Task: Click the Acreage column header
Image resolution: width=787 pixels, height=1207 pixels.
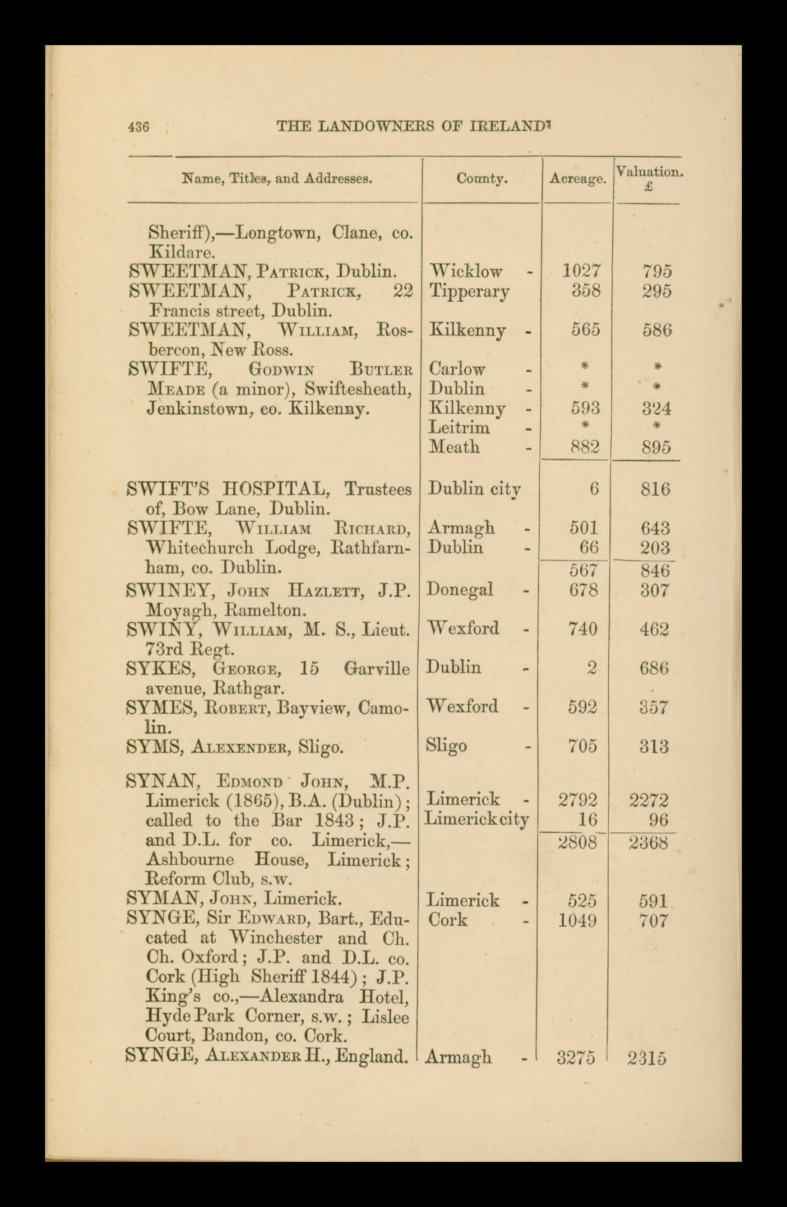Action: pos(578,179)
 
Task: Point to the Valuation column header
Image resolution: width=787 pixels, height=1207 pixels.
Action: pos(649,172)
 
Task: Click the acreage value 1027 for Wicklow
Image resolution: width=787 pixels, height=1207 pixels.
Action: pos(581,271)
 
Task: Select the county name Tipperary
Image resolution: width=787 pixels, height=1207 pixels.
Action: pos(469,292)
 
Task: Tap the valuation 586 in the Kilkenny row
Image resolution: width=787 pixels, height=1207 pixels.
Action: pos(657,330)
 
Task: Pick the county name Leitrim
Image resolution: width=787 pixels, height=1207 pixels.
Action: pos(459,428)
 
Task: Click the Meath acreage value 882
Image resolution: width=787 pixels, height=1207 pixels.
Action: pos(585,447)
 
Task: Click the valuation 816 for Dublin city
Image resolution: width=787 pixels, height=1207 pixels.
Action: pos(656,489)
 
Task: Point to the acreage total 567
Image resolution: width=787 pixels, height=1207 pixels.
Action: pos(583,570)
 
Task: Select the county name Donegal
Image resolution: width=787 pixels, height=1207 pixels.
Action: pos(460,589)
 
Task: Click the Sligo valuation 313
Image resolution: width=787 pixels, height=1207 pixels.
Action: pos(654,746)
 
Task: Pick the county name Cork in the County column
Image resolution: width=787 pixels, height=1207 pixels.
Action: pos(448,919)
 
